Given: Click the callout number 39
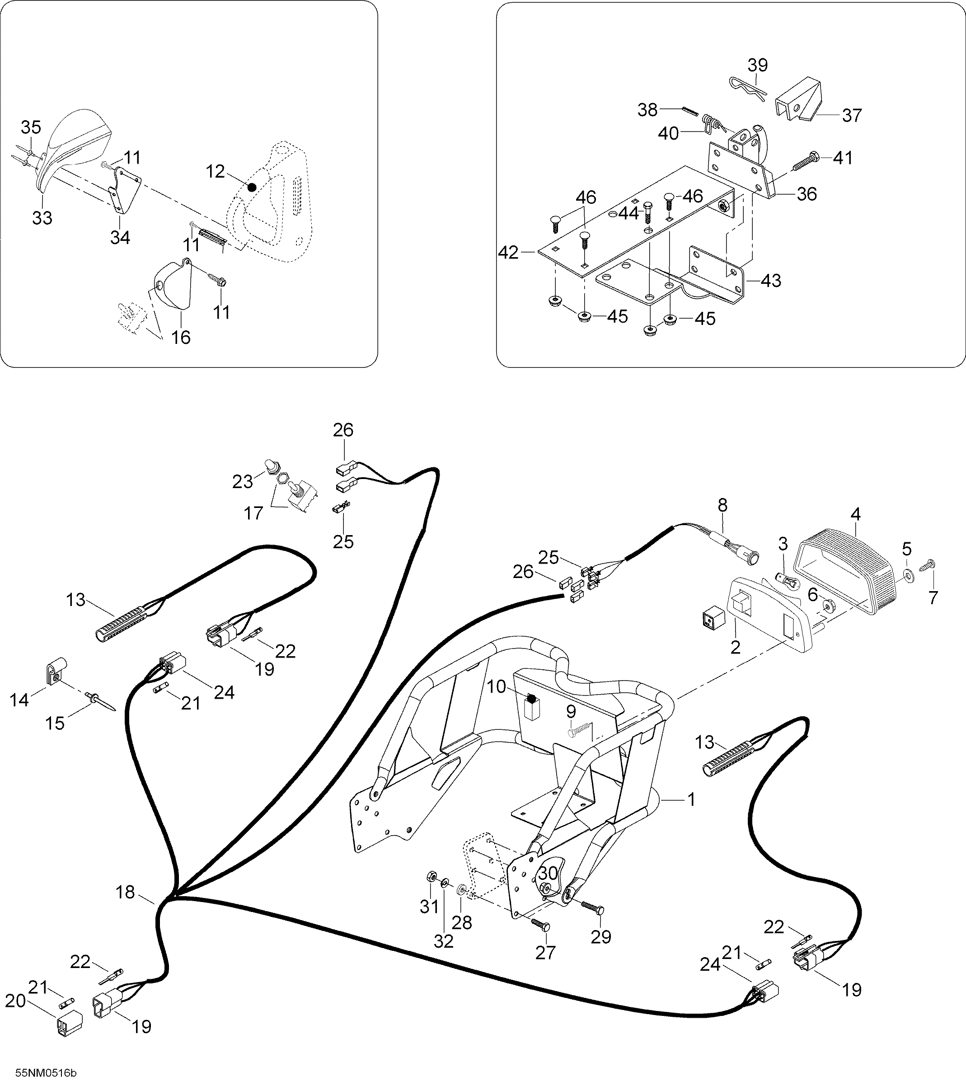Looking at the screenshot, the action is click(757, 66).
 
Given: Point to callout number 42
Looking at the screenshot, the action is click(508, 252).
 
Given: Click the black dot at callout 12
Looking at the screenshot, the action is click(252, 188).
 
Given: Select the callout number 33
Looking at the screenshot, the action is click(42, 217).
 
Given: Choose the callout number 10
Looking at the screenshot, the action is click(497, 686).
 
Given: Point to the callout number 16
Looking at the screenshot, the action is click(181, 337).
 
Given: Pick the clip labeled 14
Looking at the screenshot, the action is click(54, 672).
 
